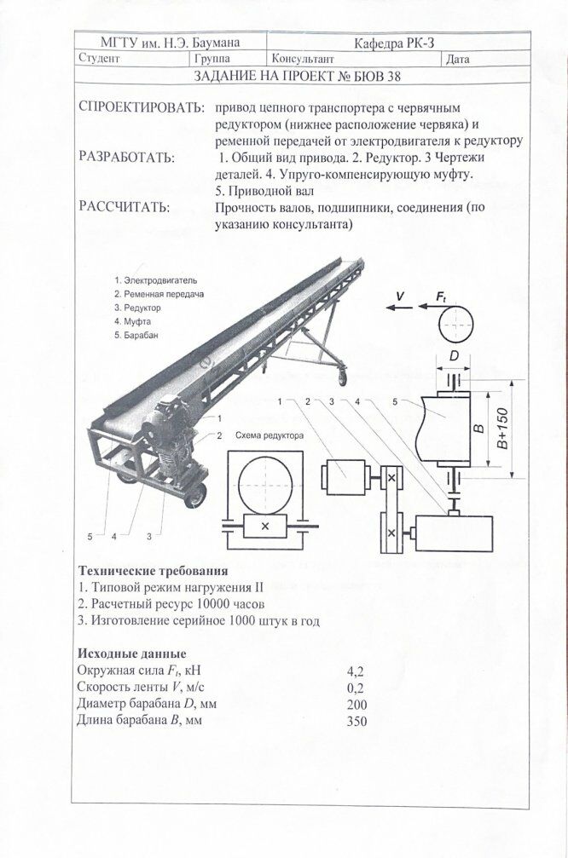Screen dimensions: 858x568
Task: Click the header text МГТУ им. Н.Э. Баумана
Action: tap(171, 42)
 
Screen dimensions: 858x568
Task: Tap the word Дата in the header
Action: tap(457, 59)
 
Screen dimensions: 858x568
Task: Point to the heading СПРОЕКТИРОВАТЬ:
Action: tap(141, 109)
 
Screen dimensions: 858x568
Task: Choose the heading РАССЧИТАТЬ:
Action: tap(124, 207)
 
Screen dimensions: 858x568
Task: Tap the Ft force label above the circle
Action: tap(441, 296)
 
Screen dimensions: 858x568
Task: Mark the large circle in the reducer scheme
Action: tap(264, 482)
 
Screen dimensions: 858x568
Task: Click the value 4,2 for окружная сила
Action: tap(356, 671)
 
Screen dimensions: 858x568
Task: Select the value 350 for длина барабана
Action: tap(356, 721)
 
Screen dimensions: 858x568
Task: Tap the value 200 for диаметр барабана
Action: tap(356, 704)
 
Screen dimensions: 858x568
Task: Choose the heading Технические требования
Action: tap(153, 570)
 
